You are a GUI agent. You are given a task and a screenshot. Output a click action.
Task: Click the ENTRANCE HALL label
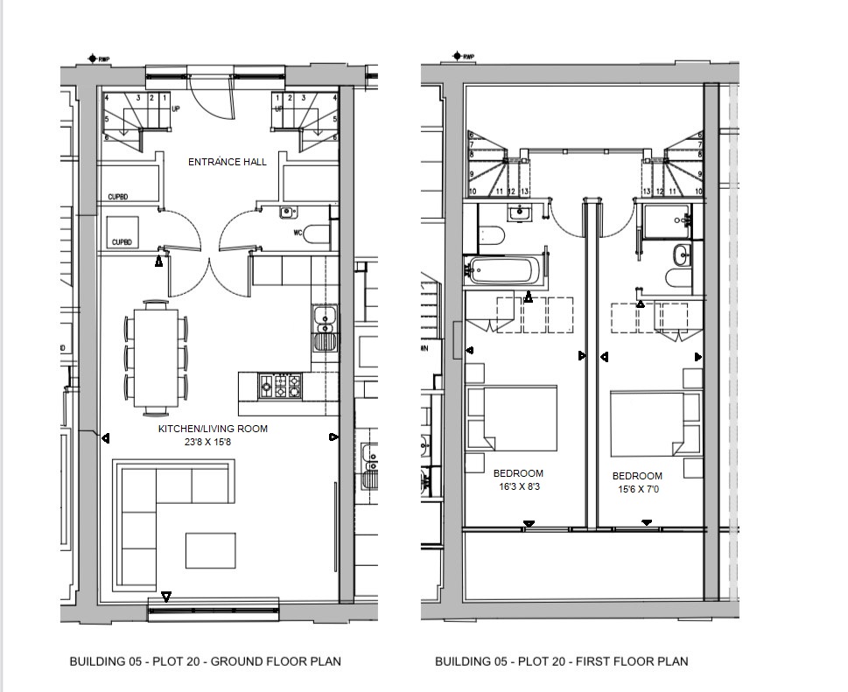tap(228, 162)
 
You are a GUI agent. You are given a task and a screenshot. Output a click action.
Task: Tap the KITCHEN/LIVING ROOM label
tap(213, 429)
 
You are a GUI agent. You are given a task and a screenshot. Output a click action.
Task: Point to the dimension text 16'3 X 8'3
tap(518, 487)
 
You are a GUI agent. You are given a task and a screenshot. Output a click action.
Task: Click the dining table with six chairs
tap(156, 356)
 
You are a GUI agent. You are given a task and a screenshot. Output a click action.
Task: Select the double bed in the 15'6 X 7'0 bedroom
tap(652, 424)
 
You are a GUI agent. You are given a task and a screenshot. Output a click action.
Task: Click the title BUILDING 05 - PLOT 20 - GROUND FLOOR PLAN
tap(205, 661)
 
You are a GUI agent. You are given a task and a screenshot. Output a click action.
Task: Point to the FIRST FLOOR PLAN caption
tap(561, 661)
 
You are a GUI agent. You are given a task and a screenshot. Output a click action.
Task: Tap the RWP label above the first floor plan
tap(466, 58)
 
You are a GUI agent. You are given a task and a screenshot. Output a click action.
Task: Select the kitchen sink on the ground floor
tap(324, 326)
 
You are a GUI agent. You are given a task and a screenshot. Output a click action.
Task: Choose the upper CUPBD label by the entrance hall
tap(118, 197)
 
